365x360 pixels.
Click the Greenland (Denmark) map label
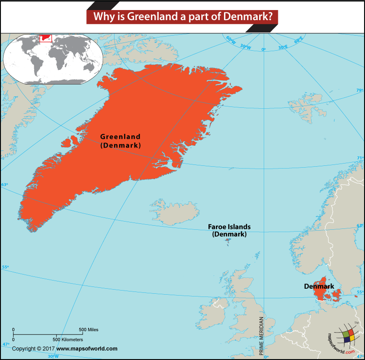120,141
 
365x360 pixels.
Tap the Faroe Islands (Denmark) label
229,230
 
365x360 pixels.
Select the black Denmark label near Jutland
319,286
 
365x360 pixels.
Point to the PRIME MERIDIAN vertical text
261,335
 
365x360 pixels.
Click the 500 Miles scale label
89,329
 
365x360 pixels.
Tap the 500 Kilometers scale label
68,339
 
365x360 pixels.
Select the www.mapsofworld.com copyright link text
87,349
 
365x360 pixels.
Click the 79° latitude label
359,90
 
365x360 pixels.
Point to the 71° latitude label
360,158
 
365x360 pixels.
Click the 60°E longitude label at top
299,41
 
